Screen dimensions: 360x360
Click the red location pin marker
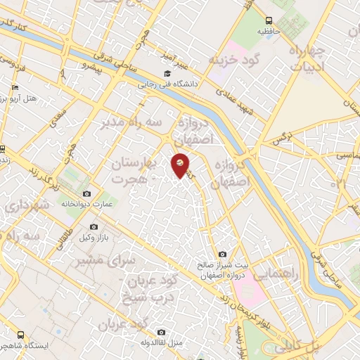(x=181, y=165)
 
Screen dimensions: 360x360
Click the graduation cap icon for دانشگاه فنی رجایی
(x=167, y=74)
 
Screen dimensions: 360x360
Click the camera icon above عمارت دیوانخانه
(x=86, y=193)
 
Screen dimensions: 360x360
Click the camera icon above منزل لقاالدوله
(x=161, y=332)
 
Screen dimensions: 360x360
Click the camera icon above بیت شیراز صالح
(x=223, y=254)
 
